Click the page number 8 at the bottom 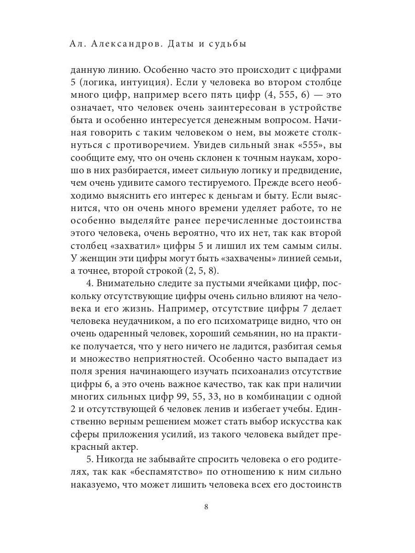tap(207, 507)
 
